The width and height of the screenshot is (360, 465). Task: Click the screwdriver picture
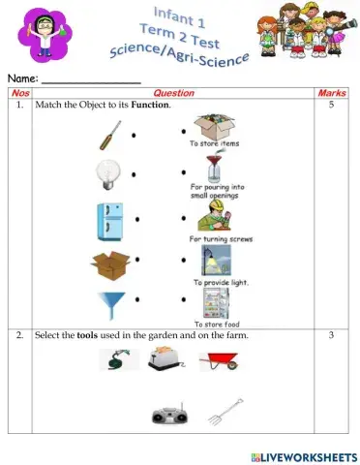point(109,136)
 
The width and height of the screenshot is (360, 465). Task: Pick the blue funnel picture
point(108,307)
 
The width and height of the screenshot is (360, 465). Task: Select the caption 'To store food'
point(216,325)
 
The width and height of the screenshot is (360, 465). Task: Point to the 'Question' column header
point(174,93)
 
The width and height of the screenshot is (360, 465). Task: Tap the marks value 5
point(332,105)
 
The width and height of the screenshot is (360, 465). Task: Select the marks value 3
point(332,335)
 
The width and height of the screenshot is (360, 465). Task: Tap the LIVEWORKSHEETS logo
point(301,454)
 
